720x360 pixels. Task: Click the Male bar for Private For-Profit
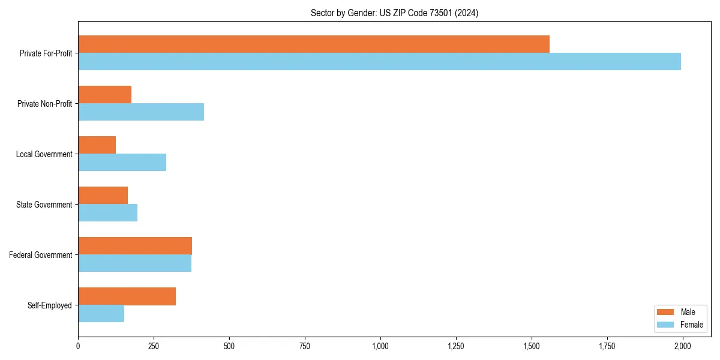click(314, 44)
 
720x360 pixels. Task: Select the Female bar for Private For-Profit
click(379, 62)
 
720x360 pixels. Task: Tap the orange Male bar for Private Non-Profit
click(104, 95)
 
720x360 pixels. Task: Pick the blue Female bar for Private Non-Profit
click(141, 112)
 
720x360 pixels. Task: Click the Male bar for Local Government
click(97, 145)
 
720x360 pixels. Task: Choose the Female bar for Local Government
click(122, 163)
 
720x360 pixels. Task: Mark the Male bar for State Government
click(103, 196)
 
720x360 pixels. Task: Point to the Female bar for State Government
click(107, 213)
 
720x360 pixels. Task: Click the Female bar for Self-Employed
click(101, 314)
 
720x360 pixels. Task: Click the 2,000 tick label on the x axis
click(682, 346)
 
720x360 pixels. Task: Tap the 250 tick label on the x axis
click(154, 346)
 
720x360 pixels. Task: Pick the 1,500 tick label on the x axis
click(531, 346)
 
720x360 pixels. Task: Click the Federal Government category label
click(40, 255)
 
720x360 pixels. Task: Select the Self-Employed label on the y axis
click(49, 305)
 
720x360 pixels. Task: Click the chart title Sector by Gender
click(394, 13)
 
